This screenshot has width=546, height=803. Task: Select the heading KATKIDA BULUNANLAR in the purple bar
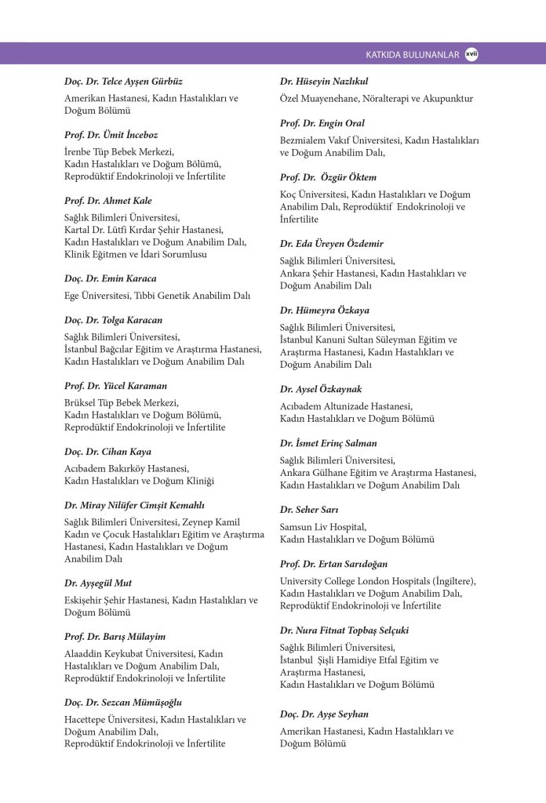412,55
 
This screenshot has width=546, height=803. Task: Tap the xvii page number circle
471,54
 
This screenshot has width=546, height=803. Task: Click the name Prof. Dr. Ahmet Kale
108,201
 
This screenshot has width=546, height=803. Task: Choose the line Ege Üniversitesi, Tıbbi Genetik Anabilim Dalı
157,296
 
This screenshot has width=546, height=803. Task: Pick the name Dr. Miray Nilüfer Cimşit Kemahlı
134,505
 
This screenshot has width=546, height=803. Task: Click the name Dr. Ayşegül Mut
98,583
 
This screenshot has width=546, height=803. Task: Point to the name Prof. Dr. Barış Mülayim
115,637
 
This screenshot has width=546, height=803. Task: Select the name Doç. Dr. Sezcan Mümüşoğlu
123,703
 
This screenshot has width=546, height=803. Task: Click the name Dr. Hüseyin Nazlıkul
324,82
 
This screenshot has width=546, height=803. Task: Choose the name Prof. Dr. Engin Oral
322,123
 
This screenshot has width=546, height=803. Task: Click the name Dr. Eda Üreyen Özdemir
332,244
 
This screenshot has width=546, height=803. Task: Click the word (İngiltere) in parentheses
450,581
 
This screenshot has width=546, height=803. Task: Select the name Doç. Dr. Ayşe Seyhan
324,714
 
